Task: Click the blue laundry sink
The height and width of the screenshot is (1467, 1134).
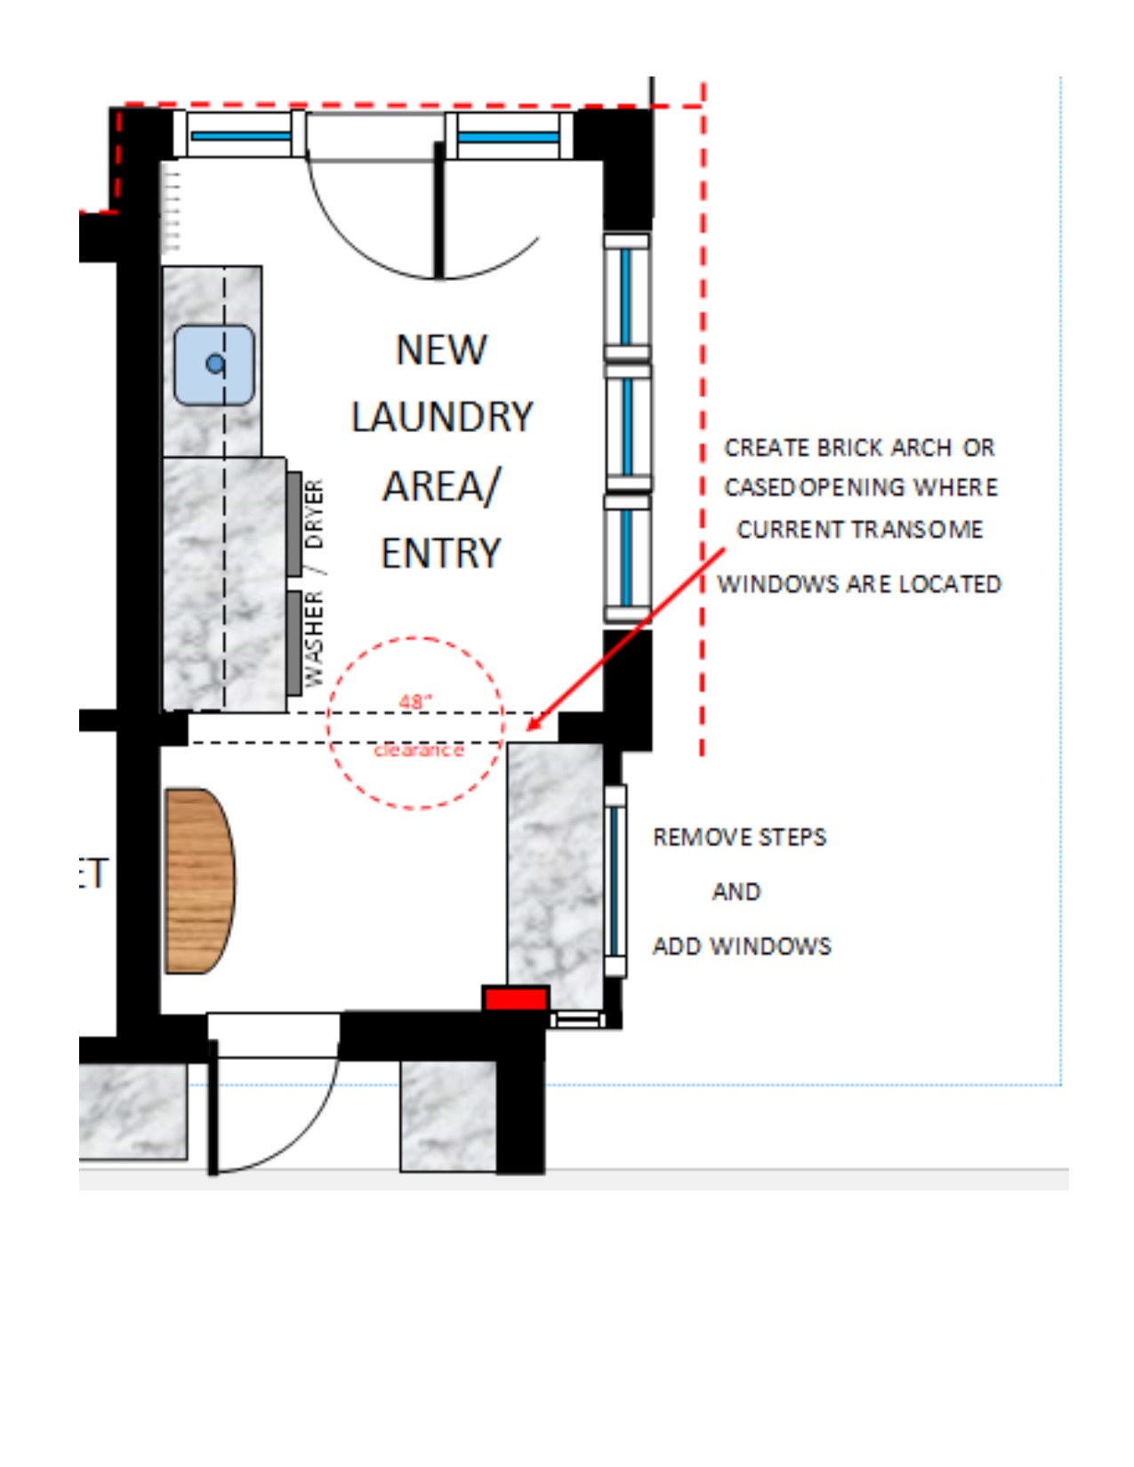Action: pyautogui.click(x=214, y=365)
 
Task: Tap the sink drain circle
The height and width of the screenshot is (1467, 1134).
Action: pyautogui.click(x=215, y=365)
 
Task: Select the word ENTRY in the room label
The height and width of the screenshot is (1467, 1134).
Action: pyautogui.click(x=441, y=553)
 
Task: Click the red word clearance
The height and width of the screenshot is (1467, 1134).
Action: pyautogui.click(x=419, y=750)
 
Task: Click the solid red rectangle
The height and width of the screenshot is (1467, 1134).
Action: pyautogui.click(x=516, y=998)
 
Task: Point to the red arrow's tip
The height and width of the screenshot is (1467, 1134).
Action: pyautogui.click(x=527, y=731)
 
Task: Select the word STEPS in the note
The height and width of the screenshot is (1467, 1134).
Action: pyautogui.click(x=792, y=838)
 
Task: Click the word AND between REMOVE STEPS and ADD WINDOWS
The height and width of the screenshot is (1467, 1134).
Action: pyautogui.click(x=736, y=892)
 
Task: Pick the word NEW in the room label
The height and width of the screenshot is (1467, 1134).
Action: pyautogui.click(x=441, y=349)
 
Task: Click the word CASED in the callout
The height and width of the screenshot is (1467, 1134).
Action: pyautogui.click(x=761, y=487)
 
